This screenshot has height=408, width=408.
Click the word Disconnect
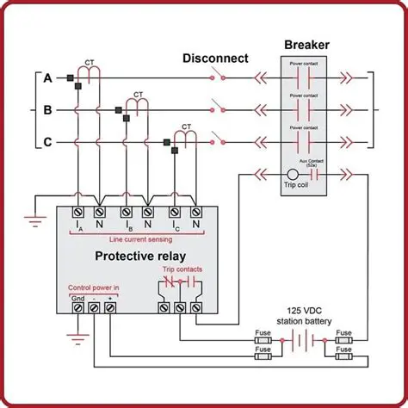coord(215,59)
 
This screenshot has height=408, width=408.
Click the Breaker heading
coord(306,44)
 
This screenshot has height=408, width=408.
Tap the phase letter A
coord(48,78)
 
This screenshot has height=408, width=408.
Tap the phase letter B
coord(48,110)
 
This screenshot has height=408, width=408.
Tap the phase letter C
coord(48,141)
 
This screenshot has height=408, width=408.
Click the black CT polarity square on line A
coord(69,78)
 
